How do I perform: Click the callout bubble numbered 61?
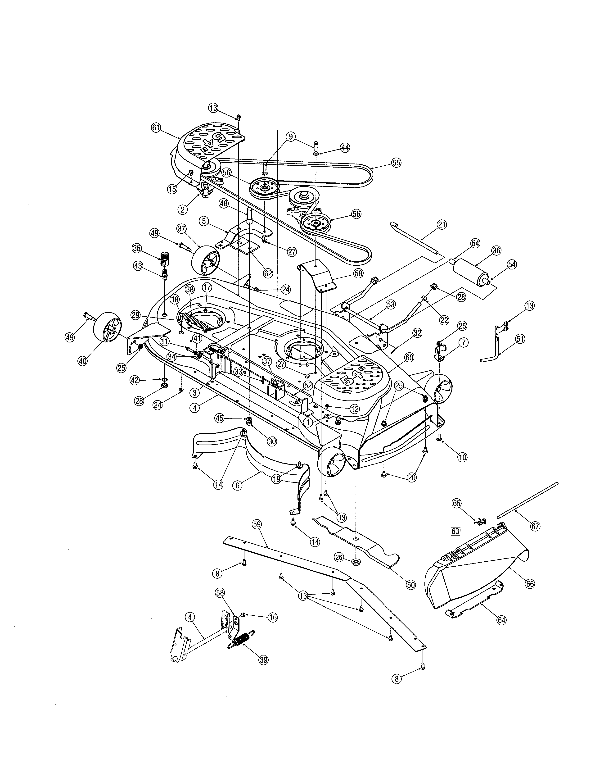pyautogui.click(x=156, y=128)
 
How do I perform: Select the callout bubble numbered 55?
pyautogui.click(x=396, y=163)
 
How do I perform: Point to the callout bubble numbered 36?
pyautogui.click(x=496, y=251)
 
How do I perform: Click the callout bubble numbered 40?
pyautogui.click(x=83, y=361)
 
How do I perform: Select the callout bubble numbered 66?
pyautogui.click(x=530, y=584)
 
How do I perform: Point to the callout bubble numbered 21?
pyautogui.click(x=442, y=225)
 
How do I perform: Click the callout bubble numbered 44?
pyautogui.click(x=345, y=148)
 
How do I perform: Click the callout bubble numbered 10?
pyautogui.click(x=462, y=457)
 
